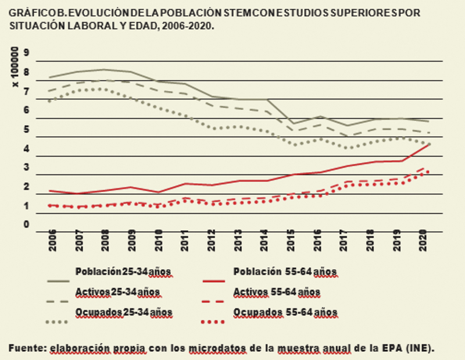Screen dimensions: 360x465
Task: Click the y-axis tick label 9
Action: pos(26,52)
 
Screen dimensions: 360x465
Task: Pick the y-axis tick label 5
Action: pos(26,129)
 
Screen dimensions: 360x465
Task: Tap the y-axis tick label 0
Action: pos(26,224)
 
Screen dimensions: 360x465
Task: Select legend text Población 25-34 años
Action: pos(123,272)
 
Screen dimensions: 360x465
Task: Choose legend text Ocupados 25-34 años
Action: pos(123,312)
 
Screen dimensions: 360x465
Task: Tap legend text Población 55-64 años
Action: pos(285,272)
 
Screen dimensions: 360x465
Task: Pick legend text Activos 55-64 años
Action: pos(276,291)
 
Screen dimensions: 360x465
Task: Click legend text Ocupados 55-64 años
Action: pos(285,312)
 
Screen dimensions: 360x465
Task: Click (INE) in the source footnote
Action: pos(421,348)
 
